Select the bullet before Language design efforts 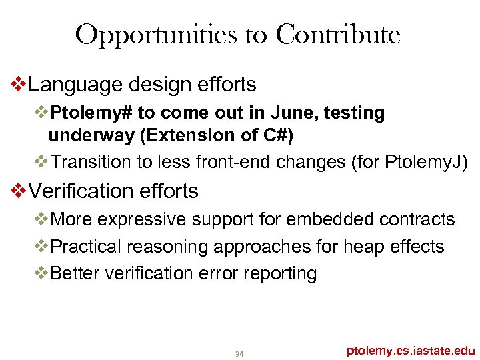19,85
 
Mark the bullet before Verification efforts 19,191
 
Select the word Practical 86,247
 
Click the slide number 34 239,353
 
